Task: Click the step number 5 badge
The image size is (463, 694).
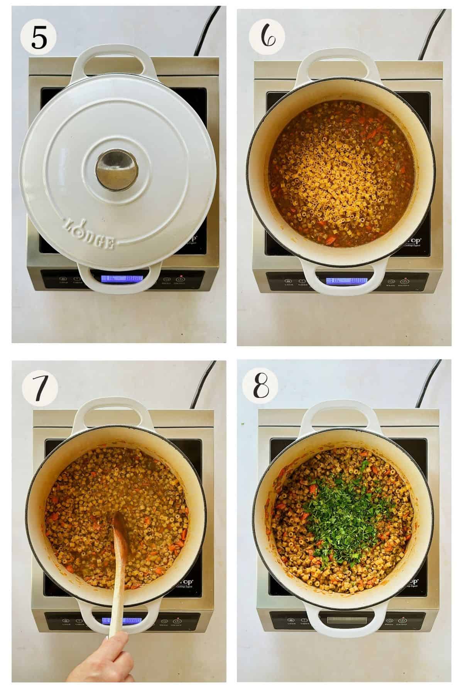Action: [39, 37]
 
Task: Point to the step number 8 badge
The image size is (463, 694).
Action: [265, 387]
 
